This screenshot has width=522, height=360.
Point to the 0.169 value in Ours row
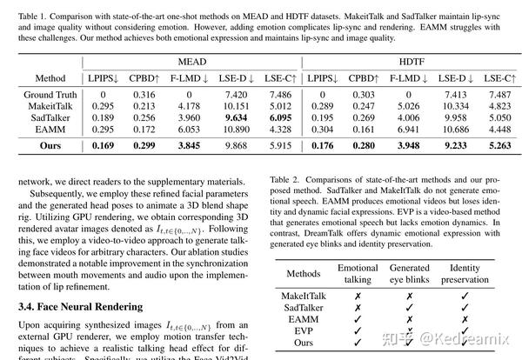[x=102, y=145]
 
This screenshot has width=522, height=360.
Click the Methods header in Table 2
[x=304, y=276]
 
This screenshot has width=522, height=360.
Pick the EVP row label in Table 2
[x=304, y=331]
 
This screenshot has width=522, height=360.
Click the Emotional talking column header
[x=358, y=276]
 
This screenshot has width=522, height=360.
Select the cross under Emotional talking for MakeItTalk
[x=358, y=297]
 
